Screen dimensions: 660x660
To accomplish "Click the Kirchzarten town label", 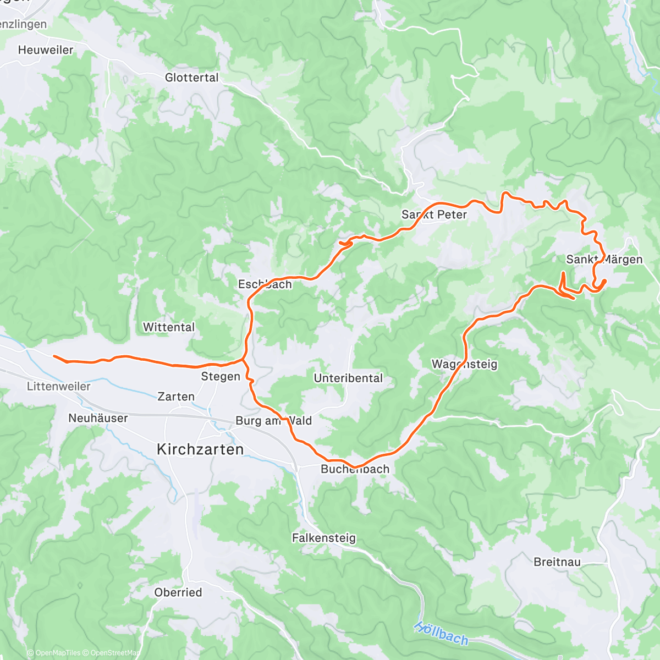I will [200, 449].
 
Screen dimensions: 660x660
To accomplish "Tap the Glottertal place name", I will [192, 78].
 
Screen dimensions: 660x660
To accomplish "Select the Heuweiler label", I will [46, 50].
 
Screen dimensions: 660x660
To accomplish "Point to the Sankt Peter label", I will [434, 215].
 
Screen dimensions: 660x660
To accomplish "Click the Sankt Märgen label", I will [604, 259].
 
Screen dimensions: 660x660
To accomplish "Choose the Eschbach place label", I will [265, 284].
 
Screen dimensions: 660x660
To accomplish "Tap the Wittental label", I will [169, 327].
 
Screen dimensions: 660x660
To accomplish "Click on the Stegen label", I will [221, 377].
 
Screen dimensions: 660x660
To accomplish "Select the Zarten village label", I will [176, 397].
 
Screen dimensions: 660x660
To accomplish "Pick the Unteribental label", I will [348, 378].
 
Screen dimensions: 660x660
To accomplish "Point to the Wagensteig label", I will [464, 364].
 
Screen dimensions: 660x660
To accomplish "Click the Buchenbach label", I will [355, 469].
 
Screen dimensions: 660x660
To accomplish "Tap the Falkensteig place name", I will [324, 538].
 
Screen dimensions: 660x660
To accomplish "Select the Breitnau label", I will [557, 562].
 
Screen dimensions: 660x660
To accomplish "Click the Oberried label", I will [178, 592].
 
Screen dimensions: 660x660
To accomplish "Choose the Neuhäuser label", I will [98, 418].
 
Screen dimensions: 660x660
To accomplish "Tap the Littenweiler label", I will [59, 387].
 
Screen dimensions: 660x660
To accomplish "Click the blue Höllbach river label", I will [441, 633].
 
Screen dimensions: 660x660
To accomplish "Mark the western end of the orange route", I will [54, 356].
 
